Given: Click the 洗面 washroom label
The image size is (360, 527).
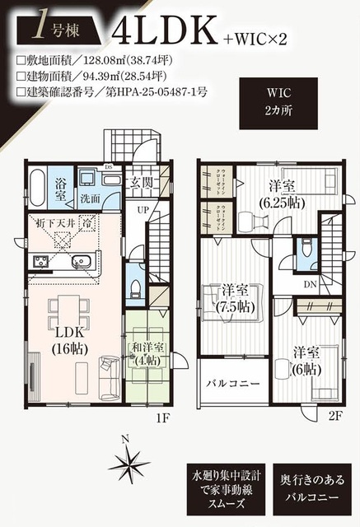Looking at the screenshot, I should (x=91, y=198).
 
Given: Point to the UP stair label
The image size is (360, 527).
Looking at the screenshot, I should (x=143, y=211).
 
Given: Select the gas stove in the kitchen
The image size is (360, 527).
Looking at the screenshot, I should (x=40, y=263).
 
